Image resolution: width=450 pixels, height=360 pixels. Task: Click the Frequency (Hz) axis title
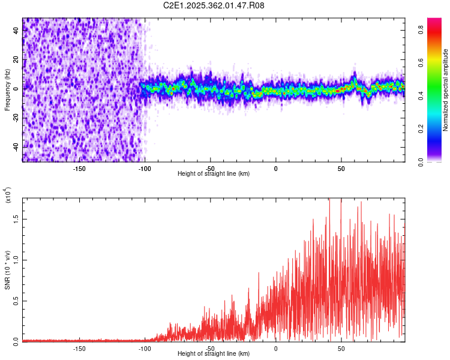(7, 89)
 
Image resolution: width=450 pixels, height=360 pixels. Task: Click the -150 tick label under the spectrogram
(79, 168)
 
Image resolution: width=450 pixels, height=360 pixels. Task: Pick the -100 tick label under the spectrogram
(145, 168)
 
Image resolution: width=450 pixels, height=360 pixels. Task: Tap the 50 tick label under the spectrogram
(341, 168)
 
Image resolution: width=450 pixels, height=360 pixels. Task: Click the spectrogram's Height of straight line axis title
(214, 173)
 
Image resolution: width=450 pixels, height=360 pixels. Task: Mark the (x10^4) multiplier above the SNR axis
(8, 196)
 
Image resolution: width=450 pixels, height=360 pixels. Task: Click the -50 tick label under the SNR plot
(210, 348)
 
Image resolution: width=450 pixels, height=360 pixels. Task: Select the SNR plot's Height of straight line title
(214, 354)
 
